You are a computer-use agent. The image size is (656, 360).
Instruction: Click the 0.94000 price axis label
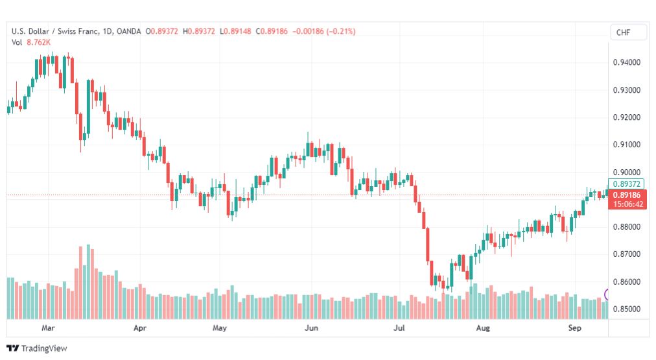coord(626,62)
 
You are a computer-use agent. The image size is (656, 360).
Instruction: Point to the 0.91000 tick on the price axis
coord(626,145)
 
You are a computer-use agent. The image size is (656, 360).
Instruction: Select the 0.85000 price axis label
coord(626,309)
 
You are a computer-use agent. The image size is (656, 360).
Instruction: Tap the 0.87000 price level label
coord(626,254)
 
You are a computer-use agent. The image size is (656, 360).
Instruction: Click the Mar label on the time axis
coord(48,328)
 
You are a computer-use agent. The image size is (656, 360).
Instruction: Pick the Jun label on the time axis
coord(311,328)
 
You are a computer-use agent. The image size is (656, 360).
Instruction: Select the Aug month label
coord(483,328)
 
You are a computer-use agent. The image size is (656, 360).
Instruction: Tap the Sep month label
coord(574,328)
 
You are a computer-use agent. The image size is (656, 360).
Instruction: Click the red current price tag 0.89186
coord(627,195)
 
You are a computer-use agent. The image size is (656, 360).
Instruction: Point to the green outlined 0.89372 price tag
coord(626,184)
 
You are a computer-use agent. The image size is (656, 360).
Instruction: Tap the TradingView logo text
coord(44,348)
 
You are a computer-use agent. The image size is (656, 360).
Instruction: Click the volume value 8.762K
coord(38,42)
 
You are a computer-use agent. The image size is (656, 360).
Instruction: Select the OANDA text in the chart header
coord(129,31)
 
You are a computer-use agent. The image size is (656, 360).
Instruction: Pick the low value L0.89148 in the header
coord(235,31)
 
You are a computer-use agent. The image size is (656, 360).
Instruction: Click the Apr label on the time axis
coord(140,328)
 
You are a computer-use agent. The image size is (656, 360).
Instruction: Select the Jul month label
coord(399,328)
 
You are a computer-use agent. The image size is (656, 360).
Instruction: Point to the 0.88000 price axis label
coord(626,227)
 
